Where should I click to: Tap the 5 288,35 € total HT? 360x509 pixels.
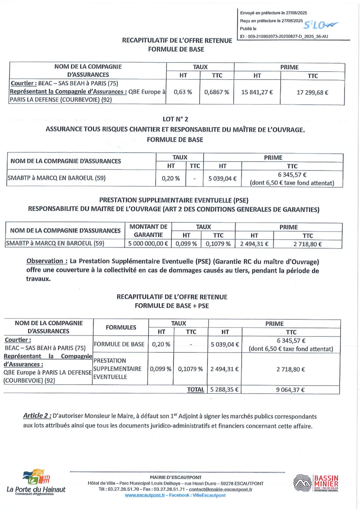pyautogui.click(x=225, y=389)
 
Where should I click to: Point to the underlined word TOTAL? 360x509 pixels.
pyautogui.click(x=196, y=389)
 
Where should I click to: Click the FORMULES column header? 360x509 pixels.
pyautogui.click(x=121, y=327)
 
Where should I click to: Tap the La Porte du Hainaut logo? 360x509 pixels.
pyautogui.click(x=36, y=483)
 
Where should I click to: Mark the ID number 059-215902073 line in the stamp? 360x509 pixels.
pyautogui.click(x=283, y=37)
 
